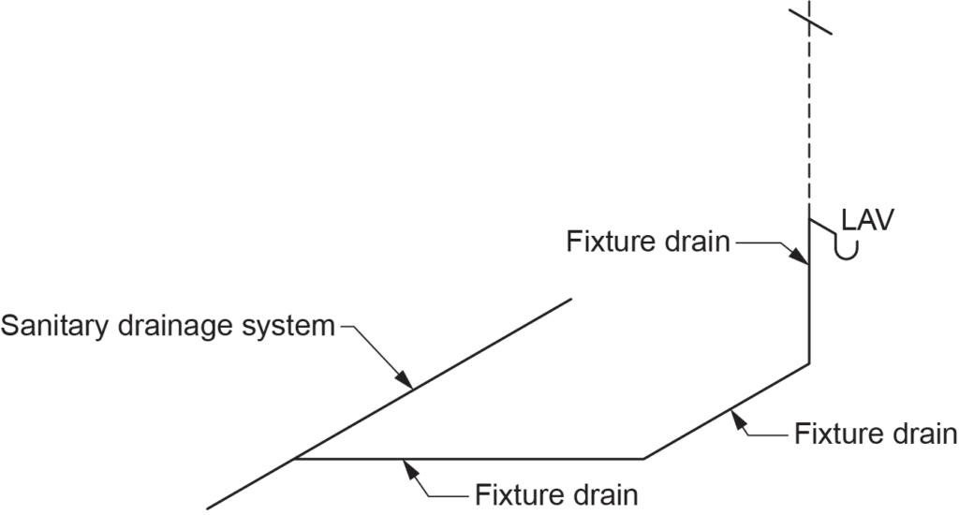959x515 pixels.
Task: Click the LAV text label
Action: (868, 221)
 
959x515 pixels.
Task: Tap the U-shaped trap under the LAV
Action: (848, 250)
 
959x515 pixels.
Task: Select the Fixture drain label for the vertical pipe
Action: (647, 242)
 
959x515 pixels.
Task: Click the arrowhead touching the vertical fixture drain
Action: (804, 259)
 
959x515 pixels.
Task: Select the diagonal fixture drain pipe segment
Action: (726, 410)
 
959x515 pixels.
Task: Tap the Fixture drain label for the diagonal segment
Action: (875, 434)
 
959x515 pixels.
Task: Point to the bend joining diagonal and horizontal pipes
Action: (643, 459)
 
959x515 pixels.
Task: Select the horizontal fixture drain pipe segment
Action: (468, 459)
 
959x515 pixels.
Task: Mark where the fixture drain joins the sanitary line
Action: (296, 459)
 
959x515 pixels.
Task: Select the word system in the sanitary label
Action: (289, 327)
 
